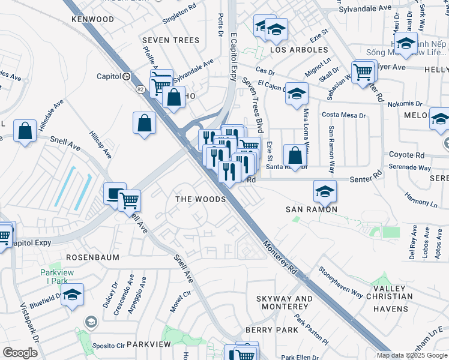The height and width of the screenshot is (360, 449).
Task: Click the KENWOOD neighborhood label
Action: (92, 19)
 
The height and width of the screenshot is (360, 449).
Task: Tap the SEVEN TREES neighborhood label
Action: (170, 40)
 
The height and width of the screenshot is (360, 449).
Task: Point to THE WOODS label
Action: (200, 199)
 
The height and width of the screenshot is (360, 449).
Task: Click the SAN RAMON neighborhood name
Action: (311, 209)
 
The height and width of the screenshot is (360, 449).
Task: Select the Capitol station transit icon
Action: (126, 76)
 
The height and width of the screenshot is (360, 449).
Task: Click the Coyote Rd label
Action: (406, 154)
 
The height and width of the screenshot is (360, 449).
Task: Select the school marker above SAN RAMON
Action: (325, 191)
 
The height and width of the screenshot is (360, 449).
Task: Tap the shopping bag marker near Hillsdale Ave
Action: (25, 131)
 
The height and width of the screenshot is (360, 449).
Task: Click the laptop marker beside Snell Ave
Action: (115, 193)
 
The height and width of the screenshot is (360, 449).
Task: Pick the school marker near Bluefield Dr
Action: (73, 295)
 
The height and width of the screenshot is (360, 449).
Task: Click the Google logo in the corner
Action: (20, 352)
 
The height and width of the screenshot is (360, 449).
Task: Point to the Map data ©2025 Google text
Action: (412, 355)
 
